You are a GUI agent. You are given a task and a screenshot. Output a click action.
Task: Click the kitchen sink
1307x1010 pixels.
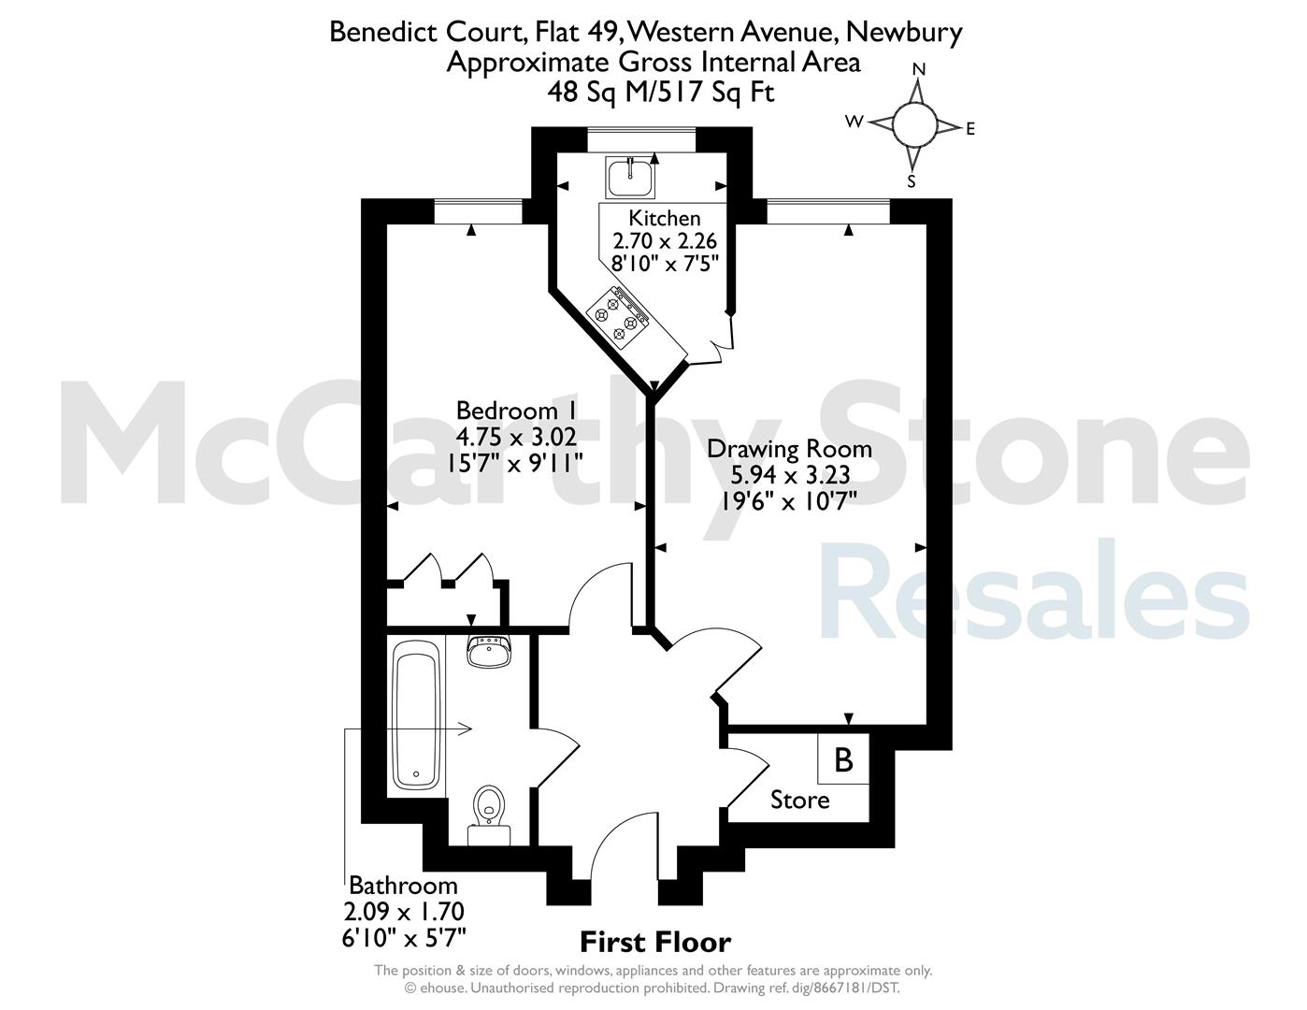click(630, 178)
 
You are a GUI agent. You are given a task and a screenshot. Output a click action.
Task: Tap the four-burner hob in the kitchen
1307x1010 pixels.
click(619, 316)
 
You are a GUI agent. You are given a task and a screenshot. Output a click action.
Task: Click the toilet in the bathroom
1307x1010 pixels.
click(489, 815)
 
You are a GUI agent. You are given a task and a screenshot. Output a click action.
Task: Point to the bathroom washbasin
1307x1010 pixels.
click(489, 651)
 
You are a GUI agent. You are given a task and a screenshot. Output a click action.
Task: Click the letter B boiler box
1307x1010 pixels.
click(843, 759)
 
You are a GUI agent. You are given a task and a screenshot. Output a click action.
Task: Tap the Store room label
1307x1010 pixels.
click(799, 801)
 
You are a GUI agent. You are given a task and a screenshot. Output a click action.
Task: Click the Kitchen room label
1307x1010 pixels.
click(665, 218)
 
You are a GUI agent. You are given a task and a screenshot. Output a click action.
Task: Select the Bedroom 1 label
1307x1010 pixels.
click(516, 411)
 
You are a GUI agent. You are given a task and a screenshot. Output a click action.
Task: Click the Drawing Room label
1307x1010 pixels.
click(789, 449)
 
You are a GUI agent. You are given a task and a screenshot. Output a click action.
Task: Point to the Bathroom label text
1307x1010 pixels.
click(403, 886)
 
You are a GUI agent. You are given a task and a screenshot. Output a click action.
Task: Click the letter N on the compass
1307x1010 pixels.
click(919, 69)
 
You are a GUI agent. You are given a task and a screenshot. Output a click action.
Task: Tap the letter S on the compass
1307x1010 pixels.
click(912, 181)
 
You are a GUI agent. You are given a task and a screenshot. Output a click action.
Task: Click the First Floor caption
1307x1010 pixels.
click(655, 942)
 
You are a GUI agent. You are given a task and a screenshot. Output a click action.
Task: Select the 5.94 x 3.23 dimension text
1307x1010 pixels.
click(790, 475)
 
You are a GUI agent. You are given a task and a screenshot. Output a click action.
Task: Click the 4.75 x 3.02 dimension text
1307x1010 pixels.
click(516, 437)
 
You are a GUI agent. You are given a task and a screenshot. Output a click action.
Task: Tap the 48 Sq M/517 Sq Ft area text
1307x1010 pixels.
click(660, 92)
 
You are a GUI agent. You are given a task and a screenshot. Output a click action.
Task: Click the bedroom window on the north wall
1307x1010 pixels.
click(478, 211)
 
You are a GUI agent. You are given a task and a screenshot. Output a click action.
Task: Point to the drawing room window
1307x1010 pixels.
click(828, 211)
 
